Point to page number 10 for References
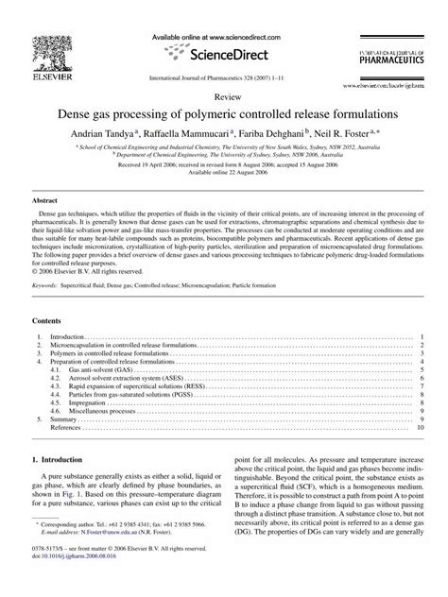(421, 427)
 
